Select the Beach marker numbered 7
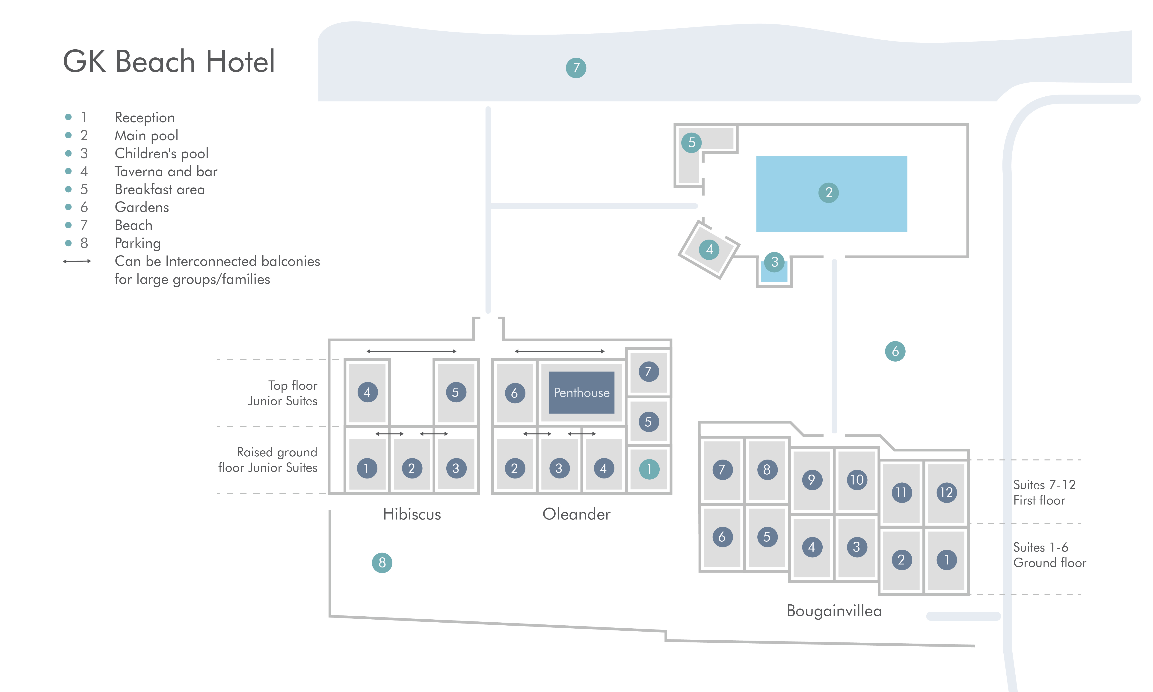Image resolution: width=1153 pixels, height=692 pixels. [576, 68]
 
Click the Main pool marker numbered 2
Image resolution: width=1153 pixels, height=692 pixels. [829, 193]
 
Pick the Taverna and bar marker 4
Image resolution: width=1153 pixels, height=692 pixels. [709, 249]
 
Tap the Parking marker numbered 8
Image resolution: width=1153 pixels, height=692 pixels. [382, 563]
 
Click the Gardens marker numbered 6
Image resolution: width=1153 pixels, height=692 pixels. [895, 351]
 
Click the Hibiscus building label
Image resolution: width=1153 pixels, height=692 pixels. [412, 514]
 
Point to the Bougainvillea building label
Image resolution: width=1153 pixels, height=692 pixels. [834, 611]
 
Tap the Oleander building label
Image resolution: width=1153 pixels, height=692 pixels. [576, 514]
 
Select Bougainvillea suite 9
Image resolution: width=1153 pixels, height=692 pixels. [812, 480]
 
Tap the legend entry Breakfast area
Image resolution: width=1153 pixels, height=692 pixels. [160, 189]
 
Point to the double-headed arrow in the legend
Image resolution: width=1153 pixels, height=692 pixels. [77, 261]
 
